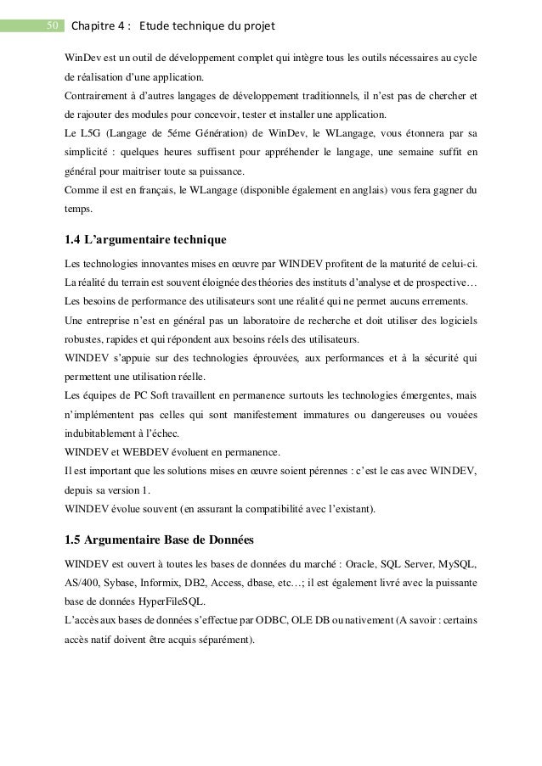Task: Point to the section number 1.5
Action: [74, 540]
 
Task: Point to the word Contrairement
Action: [99, 93]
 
